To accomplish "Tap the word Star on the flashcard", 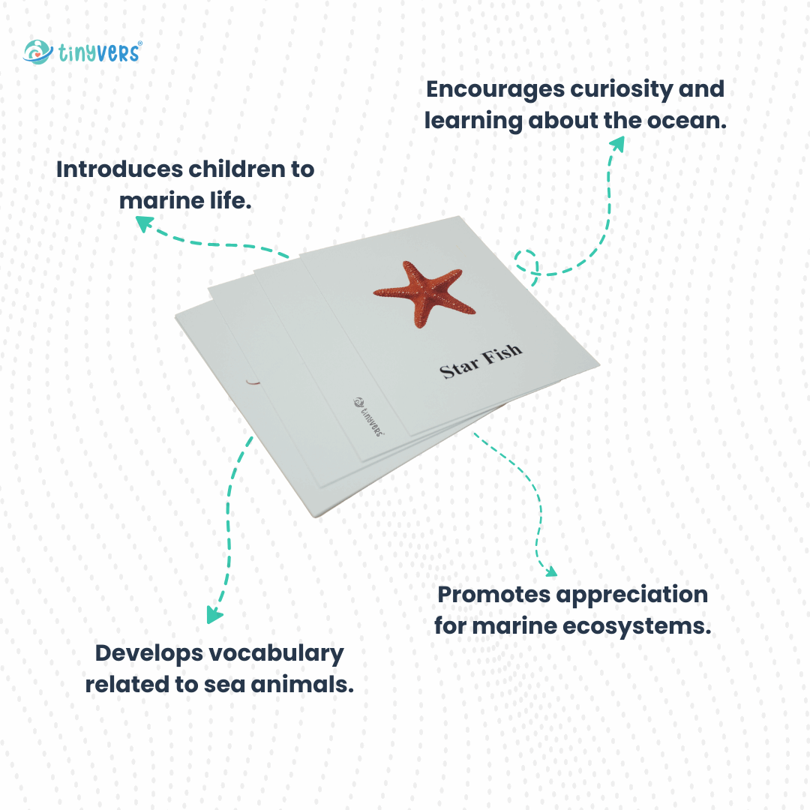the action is (459, 368).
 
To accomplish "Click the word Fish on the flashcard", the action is (502, 354).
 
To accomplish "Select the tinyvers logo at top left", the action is (82, 52).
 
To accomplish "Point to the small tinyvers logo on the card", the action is (369, 416).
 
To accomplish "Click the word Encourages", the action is (495, 90).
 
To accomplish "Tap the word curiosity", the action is (622, 90).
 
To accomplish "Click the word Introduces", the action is (119, 169).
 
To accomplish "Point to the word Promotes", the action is (493, 595).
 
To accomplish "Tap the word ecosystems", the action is (637, 627).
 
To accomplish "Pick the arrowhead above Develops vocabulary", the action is (214, 614).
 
